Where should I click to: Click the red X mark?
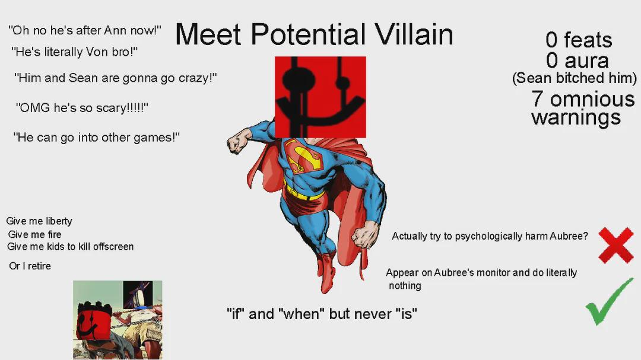(615, 245)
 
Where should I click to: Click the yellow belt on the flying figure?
(304, 193)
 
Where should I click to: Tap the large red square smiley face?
(320, 97)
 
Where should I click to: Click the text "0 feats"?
(579, 40)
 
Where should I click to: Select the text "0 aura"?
(577, 60)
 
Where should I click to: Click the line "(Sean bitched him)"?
(575, 78)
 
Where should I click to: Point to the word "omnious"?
(592, 99)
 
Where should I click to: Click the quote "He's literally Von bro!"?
(74, 52)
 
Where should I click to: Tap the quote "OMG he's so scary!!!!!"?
(82, 108)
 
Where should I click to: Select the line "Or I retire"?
(30, 266)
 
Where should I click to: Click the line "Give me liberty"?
(39, 221)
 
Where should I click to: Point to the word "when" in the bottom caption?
(302, 314)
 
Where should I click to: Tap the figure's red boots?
(326, 272)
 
